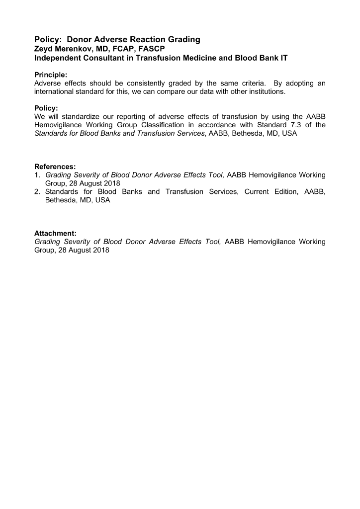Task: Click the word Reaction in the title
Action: (148, 39)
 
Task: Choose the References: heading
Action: (55, 167)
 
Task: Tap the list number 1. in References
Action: (37, 175)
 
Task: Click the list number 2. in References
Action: (37, 192)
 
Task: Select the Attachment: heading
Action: (55, 233)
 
